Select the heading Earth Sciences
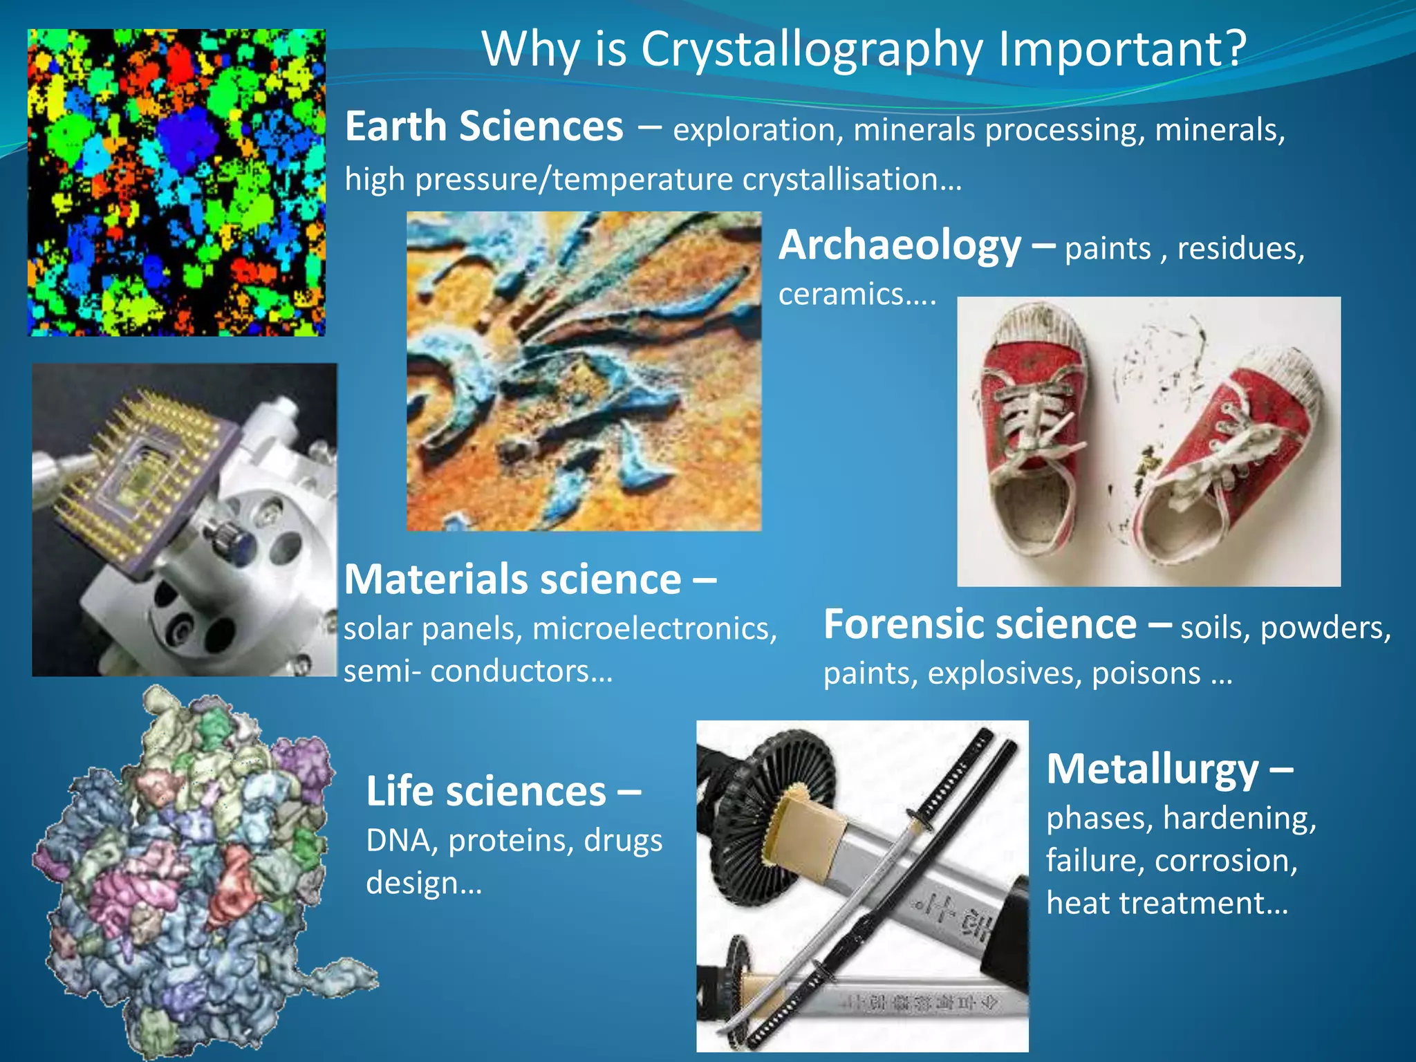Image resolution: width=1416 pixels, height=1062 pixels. [484, 127]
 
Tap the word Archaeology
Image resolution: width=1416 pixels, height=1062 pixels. [900, 245]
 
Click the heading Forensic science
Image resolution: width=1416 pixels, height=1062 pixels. [980, 624]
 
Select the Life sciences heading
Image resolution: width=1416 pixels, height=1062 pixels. [486, 792]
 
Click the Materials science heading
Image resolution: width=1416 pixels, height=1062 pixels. [512, 579]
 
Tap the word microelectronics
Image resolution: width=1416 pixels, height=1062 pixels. [655, 628]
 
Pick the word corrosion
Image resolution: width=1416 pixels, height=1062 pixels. [1225, 861]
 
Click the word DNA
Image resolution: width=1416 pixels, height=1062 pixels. [402, 841]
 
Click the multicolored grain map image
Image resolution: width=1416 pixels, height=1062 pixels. [176, 183]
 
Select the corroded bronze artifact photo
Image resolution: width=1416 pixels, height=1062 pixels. [584, 371]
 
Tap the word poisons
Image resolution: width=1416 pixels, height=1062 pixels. [1146, 673]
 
